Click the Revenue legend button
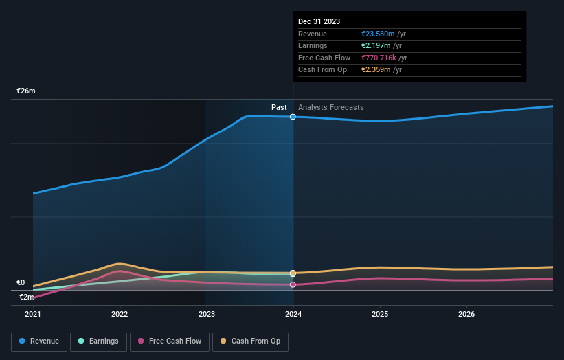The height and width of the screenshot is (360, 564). coord(39,341)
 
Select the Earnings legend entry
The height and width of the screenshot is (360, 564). coord(98,341)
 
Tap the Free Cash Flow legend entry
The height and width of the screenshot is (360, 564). coord(170,341)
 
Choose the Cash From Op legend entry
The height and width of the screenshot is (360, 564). coord(250,341)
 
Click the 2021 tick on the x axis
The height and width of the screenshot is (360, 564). coord(33,315)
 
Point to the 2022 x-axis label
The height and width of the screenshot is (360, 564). coord(120,315)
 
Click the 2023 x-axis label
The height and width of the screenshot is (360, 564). coord(206,315)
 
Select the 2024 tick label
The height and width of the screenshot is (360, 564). coord(293,315)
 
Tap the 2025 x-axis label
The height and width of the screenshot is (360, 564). coord(380,315)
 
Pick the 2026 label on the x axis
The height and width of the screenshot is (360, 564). coord(466,315)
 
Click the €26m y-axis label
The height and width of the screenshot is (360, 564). coord(26,91)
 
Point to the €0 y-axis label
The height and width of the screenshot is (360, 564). coord(21,282)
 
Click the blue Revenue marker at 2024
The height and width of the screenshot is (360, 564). coord(293,117)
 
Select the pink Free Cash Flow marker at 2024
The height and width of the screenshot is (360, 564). coord(293,284)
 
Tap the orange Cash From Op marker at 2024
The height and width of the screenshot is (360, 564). coord(293,273)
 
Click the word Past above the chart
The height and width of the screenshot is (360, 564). coord(279,107)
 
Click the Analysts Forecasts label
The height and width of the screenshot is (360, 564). coord(330,107)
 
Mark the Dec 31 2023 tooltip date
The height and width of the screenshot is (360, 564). coord(319,22)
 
